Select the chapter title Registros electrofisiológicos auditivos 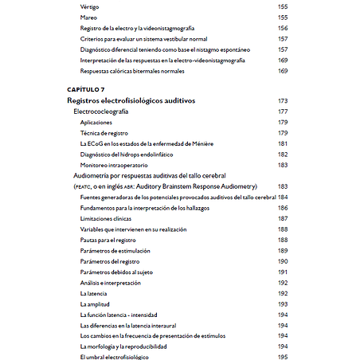[x=131, y=102]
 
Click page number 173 [x=282, y=102]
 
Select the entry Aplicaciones [x=100, y=123]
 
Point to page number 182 [x=282, y=154]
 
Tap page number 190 [x=282, y=261]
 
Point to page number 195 [x=282, y=358]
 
